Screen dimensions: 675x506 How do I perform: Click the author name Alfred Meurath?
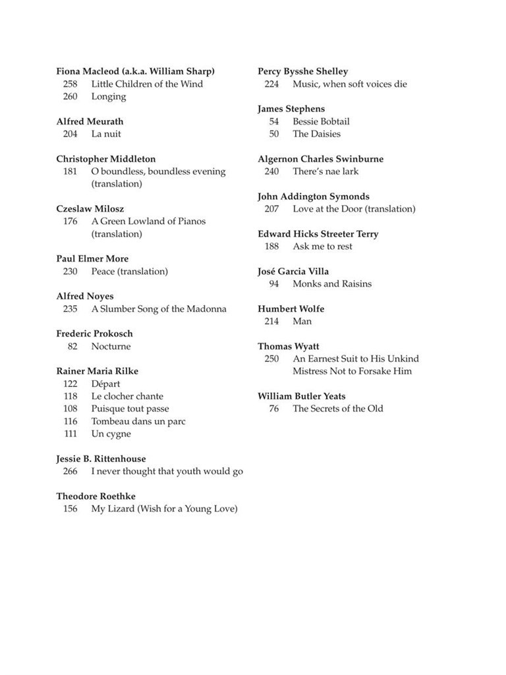point(90,121)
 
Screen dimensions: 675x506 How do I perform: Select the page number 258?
point(70,84)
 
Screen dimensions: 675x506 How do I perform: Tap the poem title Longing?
point(109,96)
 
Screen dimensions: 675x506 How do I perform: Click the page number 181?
point(70,171)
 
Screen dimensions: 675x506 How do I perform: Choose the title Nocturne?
point(111,346)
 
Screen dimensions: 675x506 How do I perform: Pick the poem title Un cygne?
point(111,434)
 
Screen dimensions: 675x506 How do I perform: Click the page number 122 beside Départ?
point(70,384)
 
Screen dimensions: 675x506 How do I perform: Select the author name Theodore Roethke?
point(96,496)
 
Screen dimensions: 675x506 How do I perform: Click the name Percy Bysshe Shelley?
point(302,71)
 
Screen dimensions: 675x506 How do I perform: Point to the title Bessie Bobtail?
point(321,121)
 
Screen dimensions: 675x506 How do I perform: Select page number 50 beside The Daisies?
point(274,134)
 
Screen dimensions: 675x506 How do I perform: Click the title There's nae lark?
point(325,171)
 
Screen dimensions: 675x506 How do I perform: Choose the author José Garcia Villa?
point(293,271)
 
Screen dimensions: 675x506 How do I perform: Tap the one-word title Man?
point(302,321)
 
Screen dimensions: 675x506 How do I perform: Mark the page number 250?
point(271,359)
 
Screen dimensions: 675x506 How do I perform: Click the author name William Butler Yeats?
point(301,396)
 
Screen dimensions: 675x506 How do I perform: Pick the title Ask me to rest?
point(322,246)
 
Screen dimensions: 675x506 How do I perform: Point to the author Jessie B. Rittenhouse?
point(101,459)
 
